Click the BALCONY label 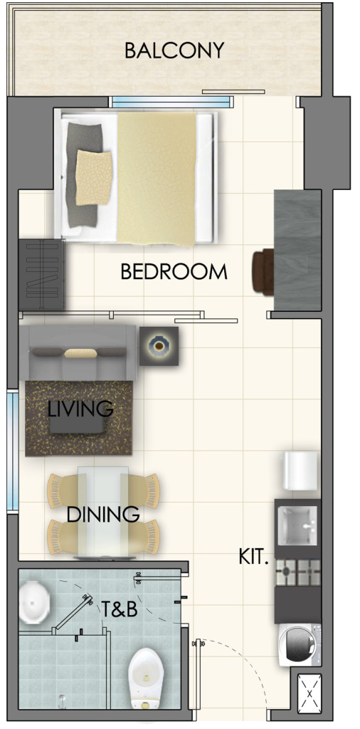click(174, 51)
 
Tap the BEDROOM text click(174, 272)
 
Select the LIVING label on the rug click(81, 409)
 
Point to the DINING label click(103, 515)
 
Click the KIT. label click(253, 557)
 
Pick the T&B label click(120, 609)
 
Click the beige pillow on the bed click(94, 177)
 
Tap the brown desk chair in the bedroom click(264, 272)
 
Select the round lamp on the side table click(159, 346)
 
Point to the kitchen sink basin click(297, 525)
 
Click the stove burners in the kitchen click(297, 572)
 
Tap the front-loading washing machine click(299, 644)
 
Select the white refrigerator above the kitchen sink click(301, 470)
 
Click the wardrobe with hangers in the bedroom click(41, 275)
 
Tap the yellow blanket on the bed click(157, 178)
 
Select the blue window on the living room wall click(13, 451)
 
